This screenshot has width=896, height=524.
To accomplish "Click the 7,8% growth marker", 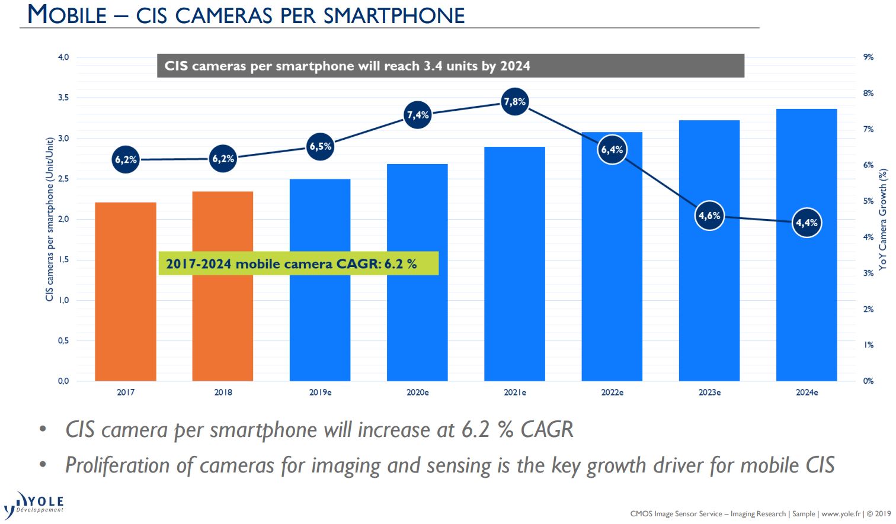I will [x=514, y=102].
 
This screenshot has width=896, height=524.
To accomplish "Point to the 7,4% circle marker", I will [x=418, y=115].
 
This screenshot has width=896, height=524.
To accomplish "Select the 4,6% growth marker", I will [x=709, y=216].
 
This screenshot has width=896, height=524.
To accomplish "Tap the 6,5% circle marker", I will [x=321, y=146].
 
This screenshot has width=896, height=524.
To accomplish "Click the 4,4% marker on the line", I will [x=807, y=223].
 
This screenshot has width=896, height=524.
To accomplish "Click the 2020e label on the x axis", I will [x=418, y=393].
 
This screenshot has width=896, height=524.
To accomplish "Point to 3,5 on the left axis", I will [x=63, y=98].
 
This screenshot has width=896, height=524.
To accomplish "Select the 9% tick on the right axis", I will [x=868, y=57].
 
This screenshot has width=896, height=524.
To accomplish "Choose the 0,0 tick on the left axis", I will [x=63, y=381].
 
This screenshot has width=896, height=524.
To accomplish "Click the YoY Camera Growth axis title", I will [x=883, y=218].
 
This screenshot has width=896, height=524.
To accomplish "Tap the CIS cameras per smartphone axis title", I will [x=50, y=219].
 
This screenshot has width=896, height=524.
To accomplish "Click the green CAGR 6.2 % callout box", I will [x=298, y=263].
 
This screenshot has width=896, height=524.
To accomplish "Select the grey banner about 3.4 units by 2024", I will [x=450, y=66].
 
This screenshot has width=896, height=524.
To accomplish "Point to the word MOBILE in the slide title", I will [x=66, y=15].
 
